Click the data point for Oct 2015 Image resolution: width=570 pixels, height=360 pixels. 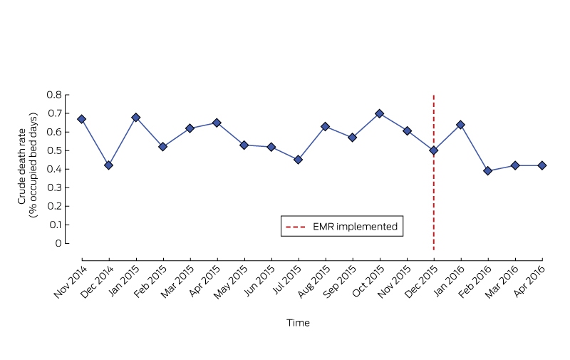click(x=380, y=114)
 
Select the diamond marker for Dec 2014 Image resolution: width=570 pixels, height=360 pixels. click(x=108, y=165)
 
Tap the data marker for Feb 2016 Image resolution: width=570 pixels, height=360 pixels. click(x=488, y=171)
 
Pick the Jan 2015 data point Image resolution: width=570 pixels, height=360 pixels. click(x=136, y=118)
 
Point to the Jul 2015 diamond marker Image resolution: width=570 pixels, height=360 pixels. click(x=298, y=160)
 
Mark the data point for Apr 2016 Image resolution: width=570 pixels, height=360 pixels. click(x=542, y=165)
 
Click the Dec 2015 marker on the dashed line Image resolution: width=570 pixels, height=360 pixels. click(x=434, y=150)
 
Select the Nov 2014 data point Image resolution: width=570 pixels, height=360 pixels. click(x=81, y=119)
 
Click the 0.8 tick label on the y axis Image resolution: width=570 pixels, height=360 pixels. click(x=54, y=95)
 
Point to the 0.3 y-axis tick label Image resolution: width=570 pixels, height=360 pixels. click(x=55, y=187)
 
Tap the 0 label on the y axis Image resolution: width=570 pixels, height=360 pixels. click(x=58, y=243)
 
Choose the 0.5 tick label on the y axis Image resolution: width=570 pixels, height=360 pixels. click(x=55, y=150)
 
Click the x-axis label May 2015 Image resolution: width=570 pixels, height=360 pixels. click(x=230, y=282)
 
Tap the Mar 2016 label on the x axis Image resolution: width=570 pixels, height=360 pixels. click(x=502, y=282)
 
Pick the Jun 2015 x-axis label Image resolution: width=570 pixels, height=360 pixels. click(x=259, y=281)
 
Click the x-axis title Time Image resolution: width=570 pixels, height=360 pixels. click(x=298, y=323)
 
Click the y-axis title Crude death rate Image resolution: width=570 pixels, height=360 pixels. click(x=22, y=166)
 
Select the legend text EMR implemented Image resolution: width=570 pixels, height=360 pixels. click(x=355, y=227)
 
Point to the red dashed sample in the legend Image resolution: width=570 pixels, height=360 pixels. click(x=296, y=227)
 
